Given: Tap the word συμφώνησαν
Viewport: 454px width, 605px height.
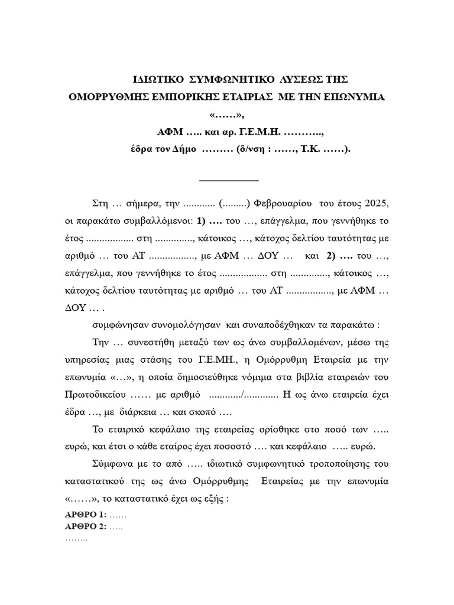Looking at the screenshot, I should point(122,326).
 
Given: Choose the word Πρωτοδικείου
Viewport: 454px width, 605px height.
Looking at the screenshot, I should point(93,395).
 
